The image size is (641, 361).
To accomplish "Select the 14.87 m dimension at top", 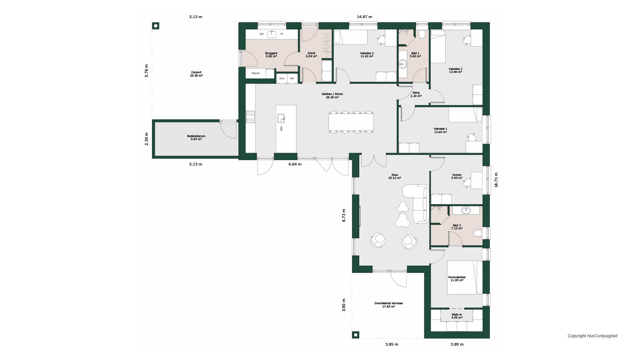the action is [364, 17].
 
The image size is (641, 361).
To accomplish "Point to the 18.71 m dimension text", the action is [496, 180].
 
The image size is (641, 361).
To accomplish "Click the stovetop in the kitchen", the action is [250, 117].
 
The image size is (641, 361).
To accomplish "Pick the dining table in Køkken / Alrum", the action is [351, 122].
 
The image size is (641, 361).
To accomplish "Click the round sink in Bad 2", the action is [466, 210].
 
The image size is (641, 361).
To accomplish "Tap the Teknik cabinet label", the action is [255, 73].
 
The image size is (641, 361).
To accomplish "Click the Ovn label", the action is [282, 78].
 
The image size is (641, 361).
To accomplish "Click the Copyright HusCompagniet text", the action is [593, 336].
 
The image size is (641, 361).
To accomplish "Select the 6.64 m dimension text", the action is [295, 164].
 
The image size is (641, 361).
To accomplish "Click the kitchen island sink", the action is [281, 118].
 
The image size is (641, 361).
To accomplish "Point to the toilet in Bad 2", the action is [478, 233].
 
